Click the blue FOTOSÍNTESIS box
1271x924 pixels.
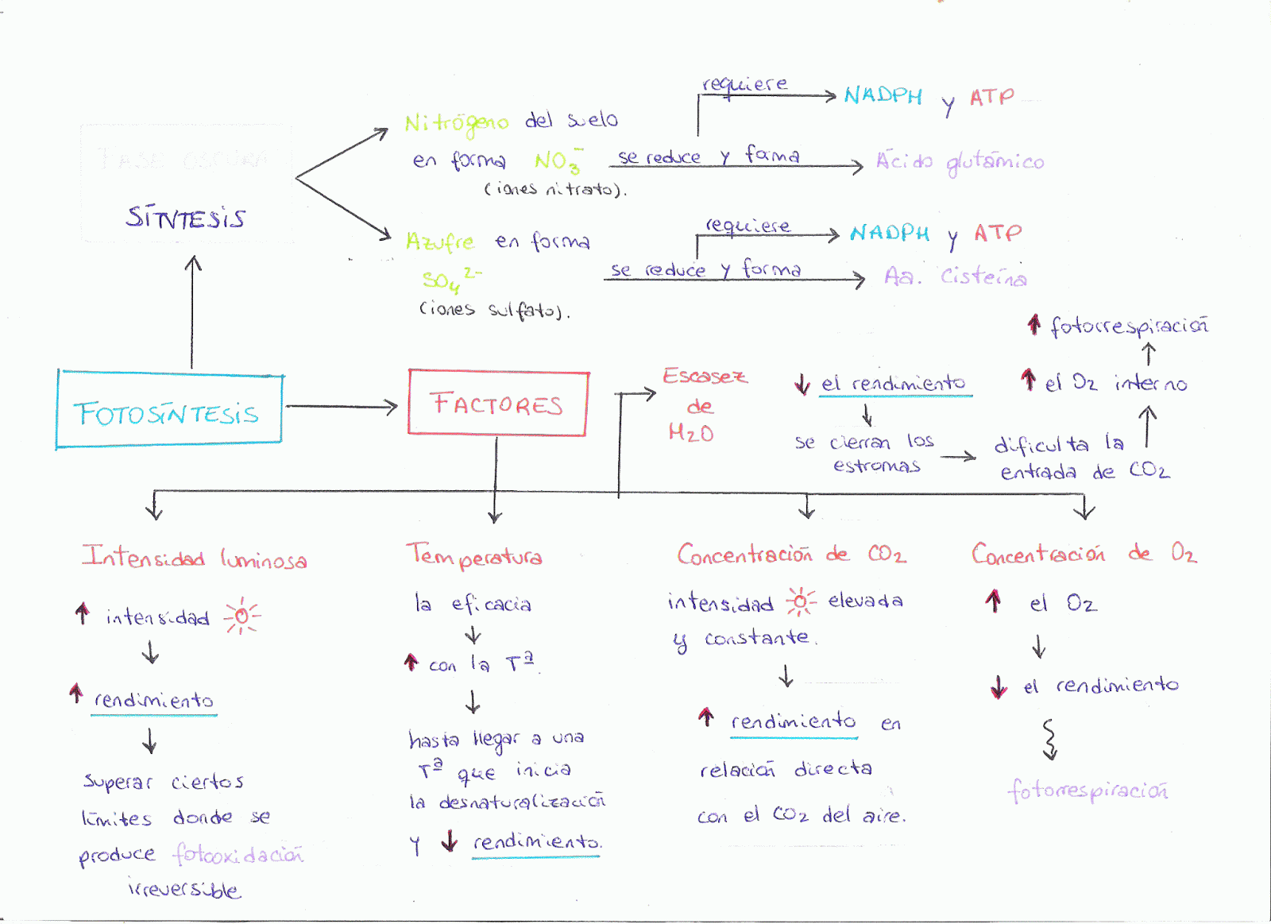click(168, 410)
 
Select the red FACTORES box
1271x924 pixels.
click(497, 403)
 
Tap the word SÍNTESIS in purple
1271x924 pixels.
click(186, 217)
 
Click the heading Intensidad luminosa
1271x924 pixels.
click(194, 558)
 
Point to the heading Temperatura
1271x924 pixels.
click(474, 555)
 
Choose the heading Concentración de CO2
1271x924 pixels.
click(790, 554)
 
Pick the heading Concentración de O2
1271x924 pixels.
click(1084, 553)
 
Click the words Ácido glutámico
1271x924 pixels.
click(960, 162)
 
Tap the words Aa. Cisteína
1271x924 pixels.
click(955, 276)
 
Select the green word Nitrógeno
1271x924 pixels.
click(456, 122)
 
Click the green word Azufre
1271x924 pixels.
click(440, 242)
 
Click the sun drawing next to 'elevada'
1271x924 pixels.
click(801, 601)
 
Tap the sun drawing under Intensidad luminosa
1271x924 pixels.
click(241, 616)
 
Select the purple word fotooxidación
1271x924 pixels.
click(238, 855)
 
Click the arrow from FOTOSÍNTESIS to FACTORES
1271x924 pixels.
click(342, 407)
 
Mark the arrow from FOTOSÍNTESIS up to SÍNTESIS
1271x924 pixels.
click(192, 311)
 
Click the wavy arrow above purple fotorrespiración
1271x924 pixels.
click(1049, 739)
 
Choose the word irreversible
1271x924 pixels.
click(184, 889)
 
